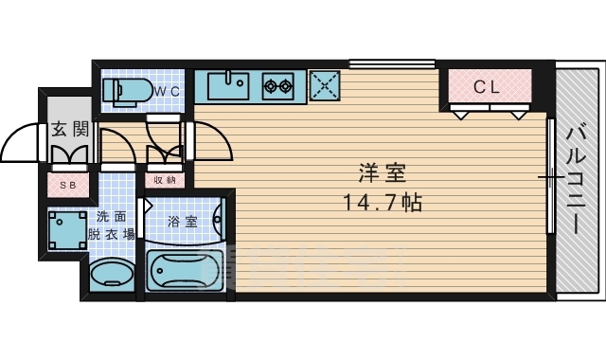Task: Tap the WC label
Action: pyautogui.click(x=169, y=91)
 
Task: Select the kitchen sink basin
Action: pyautogui.click(x=226, y=85)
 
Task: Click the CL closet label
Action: pyautogui.click(x=487, y=86)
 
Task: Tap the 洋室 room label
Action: pyautogui.click(x=382, y=174)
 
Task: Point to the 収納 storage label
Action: pyautogui.click(x=164, y=179)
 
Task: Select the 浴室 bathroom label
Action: pyautogui.click(x=182, y=223)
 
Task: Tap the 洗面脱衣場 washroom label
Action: pyautogui.click(x=111, y=224)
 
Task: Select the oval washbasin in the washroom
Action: pyautogui.click(x=112, y=277)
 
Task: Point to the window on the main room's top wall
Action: pyautogui.click(x=391, y=64)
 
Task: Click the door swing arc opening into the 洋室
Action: pyautogui.click(x=215, y=142)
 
